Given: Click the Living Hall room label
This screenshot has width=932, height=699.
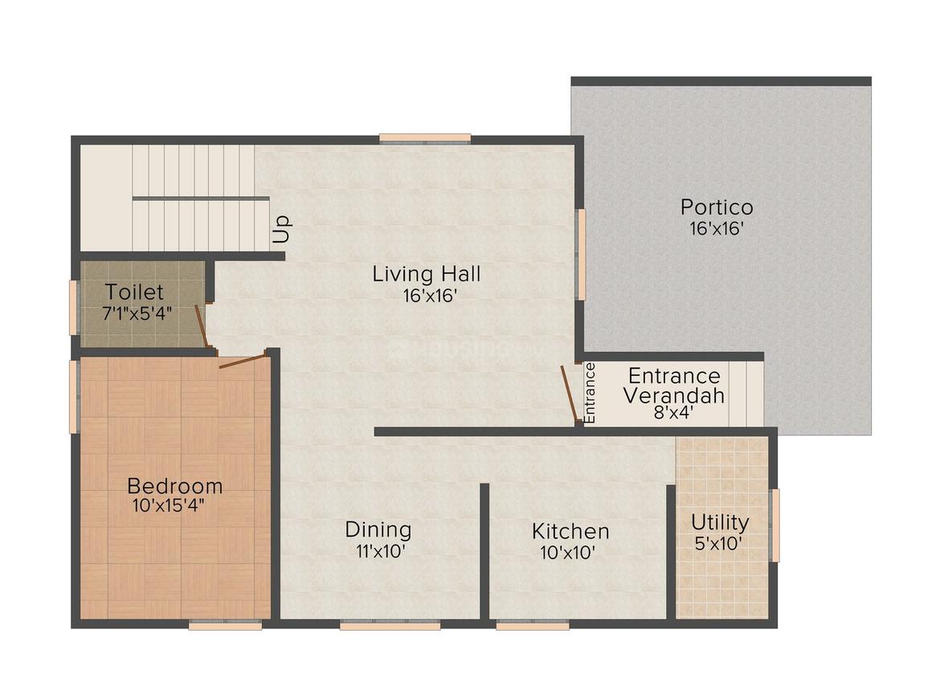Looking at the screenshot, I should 426,274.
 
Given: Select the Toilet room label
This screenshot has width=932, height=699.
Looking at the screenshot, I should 134,292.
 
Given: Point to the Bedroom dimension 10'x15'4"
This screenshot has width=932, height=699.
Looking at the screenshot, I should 174,506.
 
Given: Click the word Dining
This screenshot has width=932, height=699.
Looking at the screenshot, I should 378,530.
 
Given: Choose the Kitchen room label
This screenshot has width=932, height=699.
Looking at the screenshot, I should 570,531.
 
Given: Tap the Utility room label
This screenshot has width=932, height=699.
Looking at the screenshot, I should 720,522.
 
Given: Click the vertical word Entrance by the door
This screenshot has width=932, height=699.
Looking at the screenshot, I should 590,394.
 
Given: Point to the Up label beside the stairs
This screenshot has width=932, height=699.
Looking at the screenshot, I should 281,230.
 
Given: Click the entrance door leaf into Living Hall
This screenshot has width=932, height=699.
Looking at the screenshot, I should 569,394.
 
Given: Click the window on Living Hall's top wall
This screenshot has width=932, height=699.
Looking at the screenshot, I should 425,138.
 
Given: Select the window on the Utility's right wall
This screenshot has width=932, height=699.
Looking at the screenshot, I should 775,525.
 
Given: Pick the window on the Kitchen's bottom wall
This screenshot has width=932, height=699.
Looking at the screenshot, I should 532,624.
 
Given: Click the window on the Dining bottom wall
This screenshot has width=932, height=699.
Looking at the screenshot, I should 390,624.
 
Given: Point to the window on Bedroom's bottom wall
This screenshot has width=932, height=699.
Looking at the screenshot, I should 225,624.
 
